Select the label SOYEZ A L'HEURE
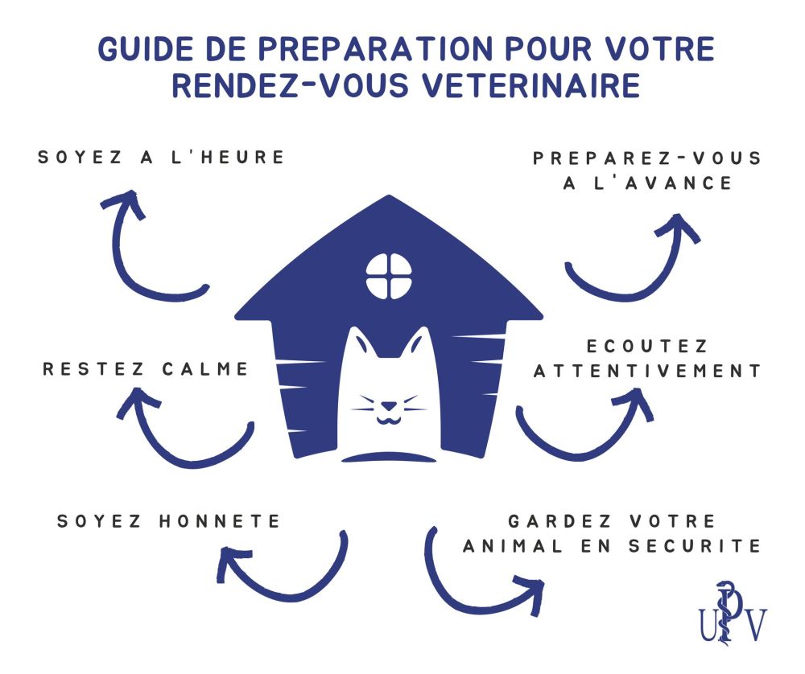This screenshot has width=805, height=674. [162, 157]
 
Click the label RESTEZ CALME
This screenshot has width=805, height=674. [146, 369]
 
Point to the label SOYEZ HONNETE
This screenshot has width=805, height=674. [169, 521]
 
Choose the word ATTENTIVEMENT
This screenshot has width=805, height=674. [647, 371]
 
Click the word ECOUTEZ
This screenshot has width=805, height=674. [647, 346]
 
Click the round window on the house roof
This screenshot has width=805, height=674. [389, 276]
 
